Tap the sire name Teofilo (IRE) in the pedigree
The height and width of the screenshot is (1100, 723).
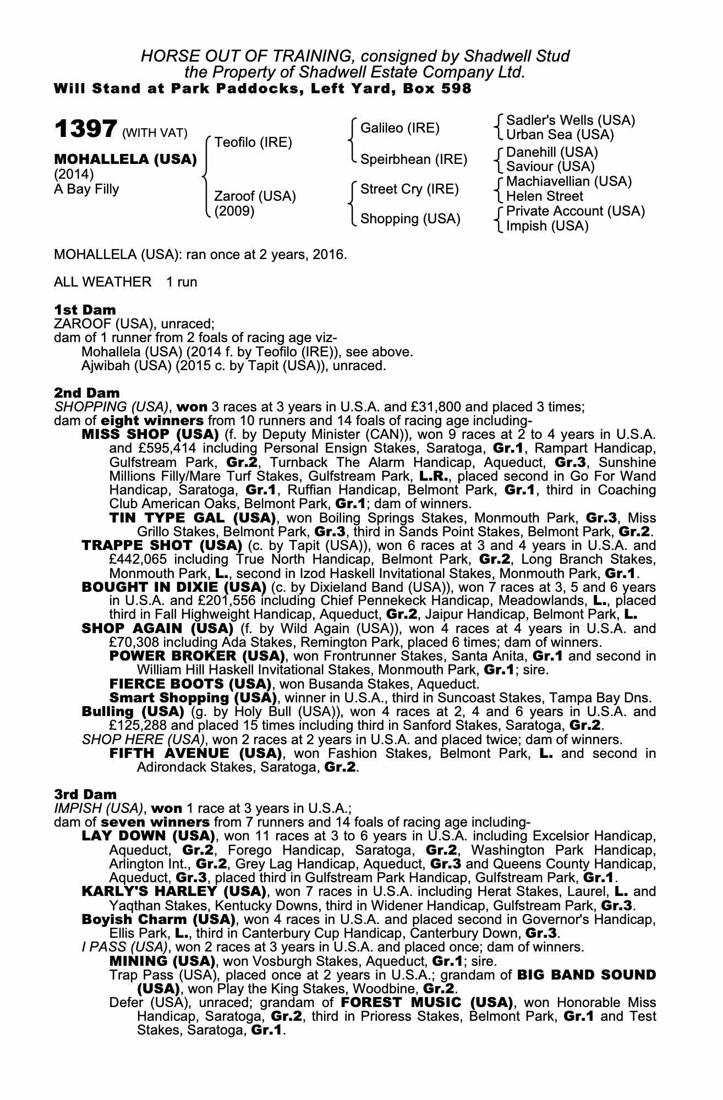coord(253,142)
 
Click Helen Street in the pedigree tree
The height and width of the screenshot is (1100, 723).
coord(544,196)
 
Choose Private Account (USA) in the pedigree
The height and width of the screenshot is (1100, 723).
coord(575,211)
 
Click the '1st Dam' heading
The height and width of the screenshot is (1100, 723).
coord(85,310)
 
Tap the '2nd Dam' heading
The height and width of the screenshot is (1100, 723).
coord(86,393)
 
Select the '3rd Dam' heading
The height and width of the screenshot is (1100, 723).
coord(85,794)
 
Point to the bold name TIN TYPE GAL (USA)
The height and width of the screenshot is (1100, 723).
coord(193,518)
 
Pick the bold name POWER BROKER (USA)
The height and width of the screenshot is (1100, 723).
coord(197,656)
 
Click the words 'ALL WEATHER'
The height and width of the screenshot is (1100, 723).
coord(102,282)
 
